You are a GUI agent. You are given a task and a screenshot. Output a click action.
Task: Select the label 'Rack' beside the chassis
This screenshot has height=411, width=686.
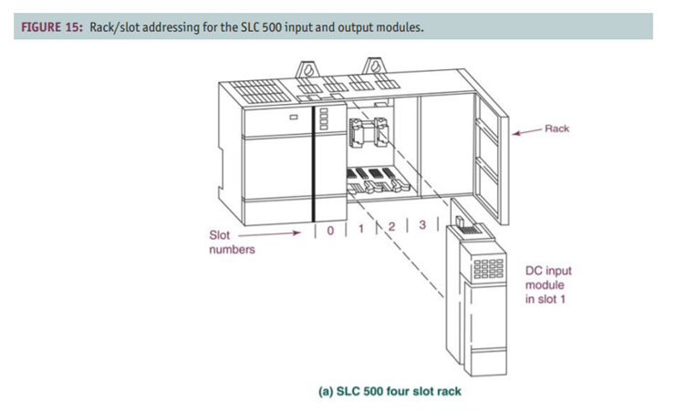[556, 128]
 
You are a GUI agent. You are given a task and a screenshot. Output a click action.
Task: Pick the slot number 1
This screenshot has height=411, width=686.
[362, 228]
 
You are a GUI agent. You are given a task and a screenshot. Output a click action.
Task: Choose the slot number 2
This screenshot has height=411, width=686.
[392, 226]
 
